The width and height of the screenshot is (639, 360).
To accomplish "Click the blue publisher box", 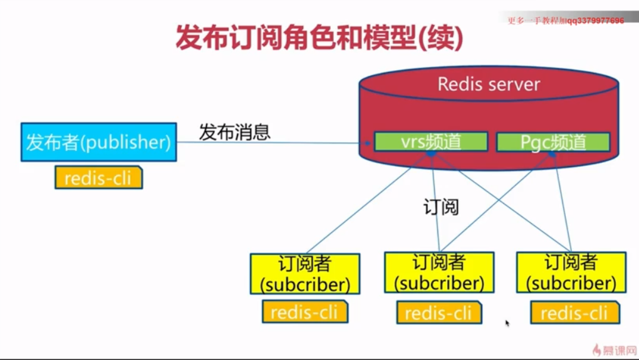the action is pos(98,142).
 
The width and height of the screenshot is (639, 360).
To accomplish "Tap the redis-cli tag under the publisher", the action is pos(98,177).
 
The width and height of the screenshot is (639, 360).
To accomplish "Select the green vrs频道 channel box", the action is pos(431,141).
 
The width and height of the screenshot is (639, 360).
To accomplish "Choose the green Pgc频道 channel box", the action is pos(553,142).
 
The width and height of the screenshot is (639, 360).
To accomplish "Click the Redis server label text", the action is pos(489,84).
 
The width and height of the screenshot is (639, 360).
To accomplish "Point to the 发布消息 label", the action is pos(235,132).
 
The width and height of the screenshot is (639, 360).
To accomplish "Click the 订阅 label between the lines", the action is pos(442,207).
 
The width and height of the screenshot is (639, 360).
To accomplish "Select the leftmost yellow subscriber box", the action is pos(305,274).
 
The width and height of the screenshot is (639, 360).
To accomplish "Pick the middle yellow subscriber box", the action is pos(439,272).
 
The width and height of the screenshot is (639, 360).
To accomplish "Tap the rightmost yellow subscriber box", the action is pos(571,272).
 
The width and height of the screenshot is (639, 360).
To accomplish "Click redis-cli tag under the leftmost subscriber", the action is pos(305,312).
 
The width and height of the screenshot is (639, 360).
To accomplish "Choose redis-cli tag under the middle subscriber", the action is pos(439,313).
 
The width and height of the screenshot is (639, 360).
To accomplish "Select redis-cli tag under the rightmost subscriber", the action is pos(575,313).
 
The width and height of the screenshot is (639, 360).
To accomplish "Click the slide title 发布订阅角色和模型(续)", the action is pos(319,38).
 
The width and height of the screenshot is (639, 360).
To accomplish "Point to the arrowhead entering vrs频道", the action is pos(367,143).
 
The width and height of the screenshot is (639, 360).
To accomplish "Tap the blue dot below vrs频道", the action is pos(431,153).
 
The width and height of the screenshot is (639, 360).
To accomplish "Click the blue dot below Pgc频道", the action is pos(552,154).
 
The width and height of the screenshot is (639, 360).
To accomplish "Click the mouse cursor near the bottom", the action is pos(507,323).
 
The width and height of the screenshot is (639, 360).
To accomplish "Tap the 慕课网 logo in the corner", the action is pos(615,350).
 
